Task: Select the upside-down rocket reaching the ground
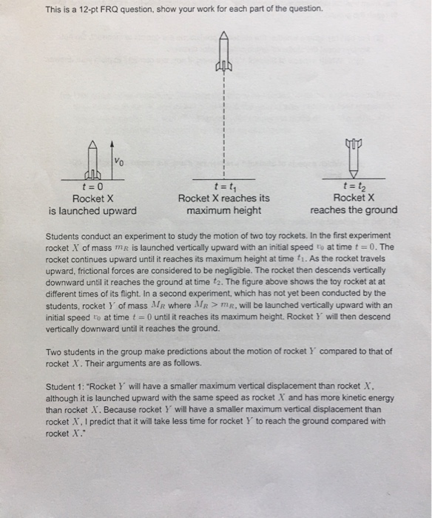(x=353, y=157)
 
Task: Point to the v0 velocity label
(x=120, y=161)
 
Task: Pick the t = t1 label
(x=223, y=187)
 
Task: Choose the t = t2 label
(x=353, y=187)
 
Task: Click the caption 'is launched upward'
(x=92, y=210)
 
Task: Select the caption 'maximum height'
(x=223, y=210)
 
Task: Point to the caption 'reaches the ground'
(x=353, y=210)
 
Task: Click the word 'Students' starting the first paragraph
(x=64, y=238)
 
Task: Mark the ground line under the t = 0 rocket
(x=92, y=178)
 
